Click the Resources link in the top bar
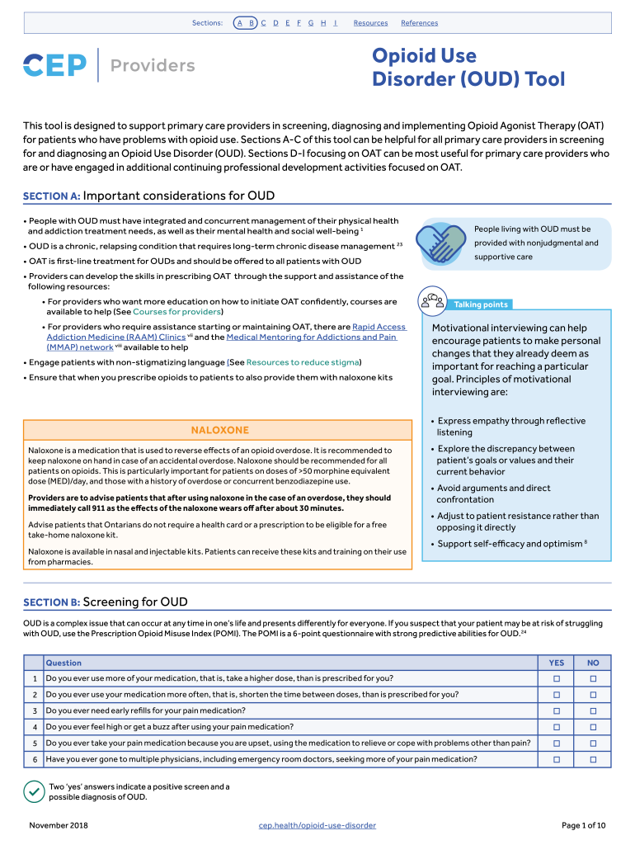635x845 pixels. point(370,23)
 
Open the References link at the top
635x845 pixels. point(419,23)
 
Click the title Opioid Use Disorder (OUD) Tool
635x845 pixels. point(468,67)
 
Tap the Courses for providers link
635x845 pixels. point(177,312)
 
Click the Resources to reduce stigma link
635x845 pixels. point(303,362)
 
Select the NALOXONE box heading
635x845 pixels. point(219,430)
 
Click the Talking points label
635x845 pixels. point(481,304)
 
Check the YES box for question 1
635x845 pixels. point(557,678)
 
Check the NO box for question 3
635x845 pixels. point(593,710)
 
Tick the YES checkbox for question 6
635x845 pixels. point(557,759)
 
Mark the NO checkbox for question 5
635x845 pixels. point(593,743)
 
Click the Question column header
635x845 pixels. point(63,663)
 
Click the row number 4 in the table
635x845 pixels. point(35,727)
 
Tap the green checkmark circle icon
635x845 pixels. point(34,791)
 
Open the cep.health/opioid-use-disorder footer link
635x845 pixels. point(317,825)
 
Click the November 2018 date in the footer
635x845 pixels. point(59,825)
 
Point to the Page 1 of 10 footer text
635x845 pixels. point(583,825)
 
